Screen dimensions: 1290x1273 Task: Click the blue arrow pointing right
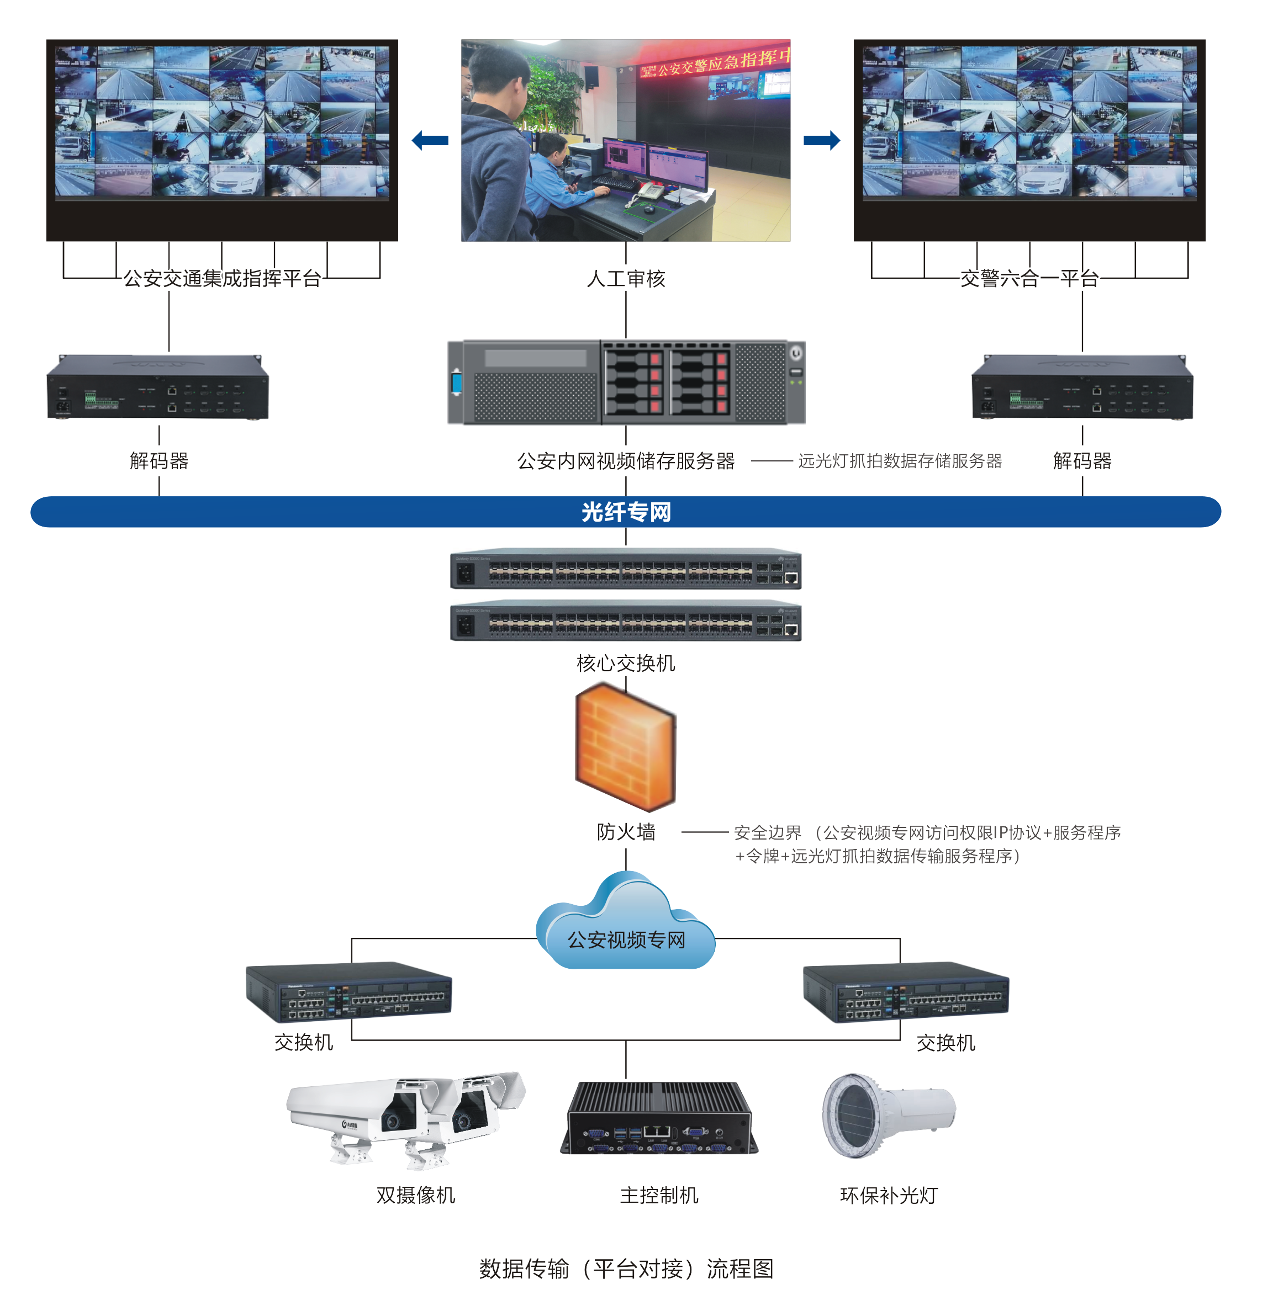(821, 140)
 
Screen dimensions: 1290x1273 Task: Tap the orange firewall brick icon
(625, 745)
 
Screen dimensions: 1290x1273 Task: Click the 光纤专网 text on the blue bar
(625, 512)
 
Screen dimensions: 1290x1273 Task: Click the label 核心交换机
(625, 663)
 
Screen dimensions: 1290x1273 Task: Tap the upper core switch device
(625, 570)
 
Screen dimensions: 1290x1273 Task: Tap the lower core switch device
(625, 622)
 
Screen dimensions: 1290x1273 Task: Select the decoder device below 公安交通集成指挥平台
(157, 388)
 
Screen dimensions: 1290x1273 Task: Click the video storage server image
(625, 383)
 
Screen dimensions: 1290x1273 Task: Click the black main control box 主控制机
(658, 1118)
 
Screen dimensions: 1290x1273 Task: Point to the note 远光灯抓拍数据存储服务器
(899, 461)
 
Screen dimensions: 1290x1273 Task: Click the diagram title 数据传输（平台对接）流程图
(625, 1268)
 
